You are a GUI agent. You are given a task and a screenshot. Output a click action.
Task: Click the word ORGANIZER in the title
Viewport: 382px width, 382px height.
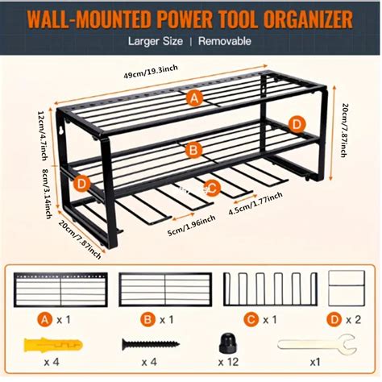308,19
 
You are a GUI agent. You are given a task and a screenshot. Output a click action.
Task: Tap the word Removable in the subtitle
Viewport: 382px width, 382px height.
225,41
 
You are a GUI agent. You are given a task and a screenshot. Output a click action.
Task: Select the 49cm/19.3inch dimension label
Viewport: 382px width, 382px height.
151,72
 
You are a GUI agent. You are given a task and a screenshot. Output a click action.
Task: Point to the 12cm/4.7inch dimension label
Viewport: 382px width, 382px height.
43,135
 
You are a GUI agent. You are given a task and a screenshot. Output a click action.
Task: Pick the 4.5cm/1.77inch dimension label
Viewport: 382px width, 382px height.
255,203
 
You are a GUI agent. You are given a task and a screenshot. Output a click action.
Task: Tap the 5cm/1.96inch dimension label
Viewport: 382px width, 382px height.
191,226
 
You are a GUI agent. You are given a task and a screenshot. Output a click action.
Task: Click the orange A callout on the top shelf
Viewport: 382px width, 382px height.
195,98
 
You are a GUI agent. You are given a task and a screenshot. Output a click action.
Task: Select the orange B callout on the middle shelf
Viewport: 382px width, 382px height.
193,150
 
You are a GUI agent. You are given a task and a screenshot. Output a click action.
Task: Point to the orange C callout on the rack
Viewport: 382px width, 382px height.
212,189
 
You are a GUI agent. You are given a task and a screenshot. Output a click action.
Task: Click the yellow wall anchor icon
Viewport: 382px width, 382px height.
53,345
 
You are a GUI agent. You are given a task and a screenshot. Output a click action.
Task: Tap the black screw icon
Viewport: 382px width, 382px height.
151,344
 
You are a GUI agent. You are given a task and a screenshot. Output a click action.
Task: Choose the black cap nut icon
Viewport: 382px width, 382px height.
229,343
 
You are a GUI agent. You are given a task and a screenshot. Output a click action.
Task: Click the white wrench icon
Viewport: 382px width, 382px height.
317,344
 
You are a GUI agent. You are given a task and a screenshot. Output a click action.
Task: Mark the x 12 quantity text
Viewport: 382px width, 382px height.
228,362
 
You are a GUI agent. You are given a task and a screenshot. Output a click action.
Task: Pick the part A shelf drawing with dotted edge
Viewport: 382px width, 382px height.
60,289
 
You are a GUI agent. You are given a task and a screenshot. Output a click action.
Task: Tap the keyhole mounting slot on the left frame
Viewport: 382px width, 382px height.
61,131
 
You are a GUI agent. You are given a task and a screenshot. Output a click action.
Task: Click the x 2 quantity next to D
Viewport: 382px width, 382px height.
353,320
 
